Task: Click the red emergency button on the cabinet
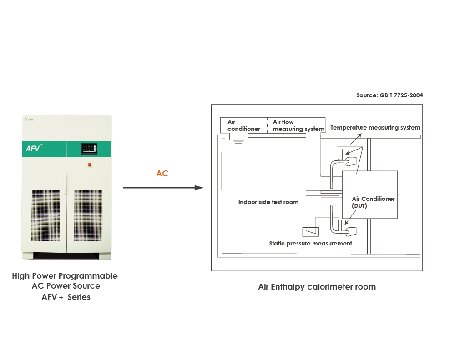pyautogui.click(x=89, y=164)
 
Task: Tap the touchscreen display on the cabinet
pyautogui.click(x=89, y=149)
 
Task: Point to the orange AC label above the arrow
pyautogui.click(x=162, y=174)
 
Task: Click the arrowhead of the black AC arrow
pyautogui.click(x=199, y=188)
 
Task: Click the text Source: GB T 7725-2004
pyautogui.click(x=389, y=95)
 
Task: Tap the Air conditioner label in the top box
pyautogui.click(x=243, y=125)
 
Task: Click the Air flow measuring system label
pyautogui.click(x=298, y=125)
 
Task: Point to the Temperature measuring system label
pyautogui.click(x=375, y=128)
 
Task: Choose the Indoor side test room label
pyautogui.click(x=268, y=202)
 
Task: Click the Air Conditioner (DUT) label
pyautogui.click(x=373, y=202)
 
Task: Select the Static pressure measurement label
pyautogui.click(x=310, y=243)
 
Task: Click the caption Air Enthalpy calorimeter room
pyautogui.click(x=317, y=287)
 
